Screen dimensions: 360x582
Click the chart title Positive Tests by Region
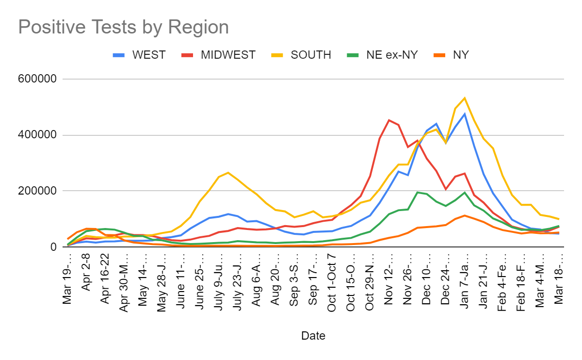pos(123,27)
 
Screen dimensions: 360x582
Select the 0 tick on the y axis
pos(53,247)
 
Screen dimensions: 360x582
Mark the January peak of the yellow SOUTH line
pos(465,98)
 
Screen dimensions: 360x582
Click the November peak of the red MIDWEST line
pos(389,120)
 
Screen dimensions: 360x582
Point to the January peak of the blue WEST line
pos(465,114)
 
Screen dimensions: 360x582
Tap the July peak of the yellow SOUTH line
pos(228,173)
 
